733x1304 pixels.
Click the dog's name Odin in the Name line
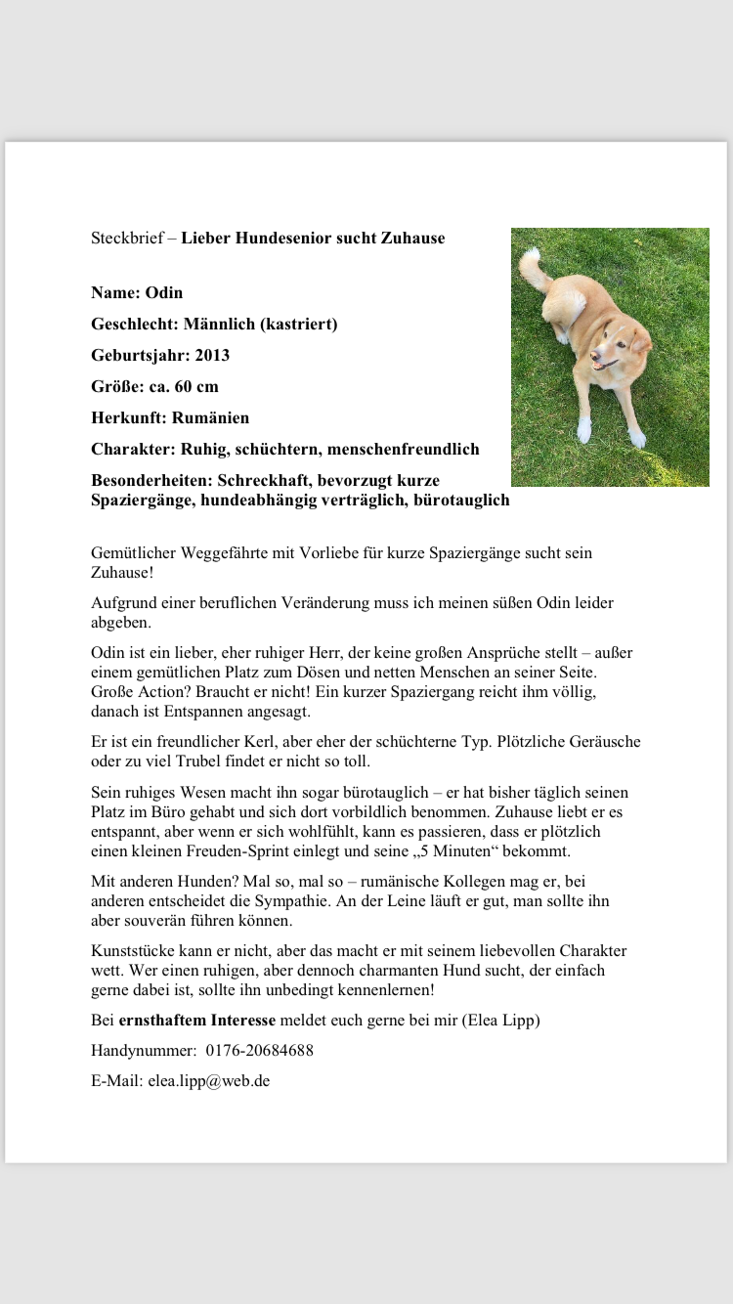pyautogui.click(x=164, y=292)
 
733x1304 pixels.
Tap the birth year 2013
pyautogui.click(x=212, y=355)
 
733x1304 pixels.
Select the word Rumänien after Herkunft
pyautogui.click(x=210, y=417)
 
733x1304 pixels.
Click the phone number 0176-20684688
pyautogui.click(x=261, y=1051)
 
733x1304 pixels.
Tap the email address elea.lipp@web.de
pyautogui.click(x=209, y=1081)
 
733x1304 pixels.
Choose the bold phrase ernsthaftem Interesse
pyautogui.click(x=197, y=1021)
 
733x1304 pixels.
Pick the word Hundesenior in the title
pyautogui.click(x=280, y=238)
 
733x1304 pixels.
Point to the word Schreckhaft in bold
pyautogui.click(x=262, y=480)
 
